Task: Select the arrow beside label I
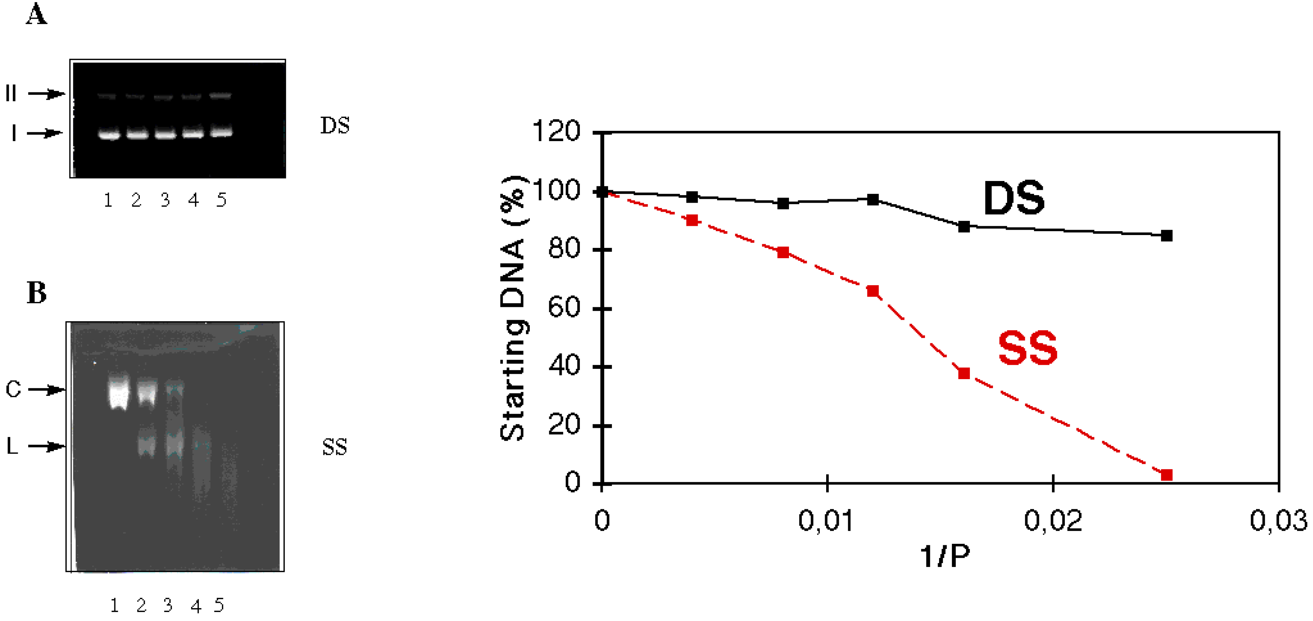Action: point(44,133)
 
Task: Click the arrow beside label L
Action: point(46,446)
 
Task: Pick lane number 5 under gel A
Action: point(221,200)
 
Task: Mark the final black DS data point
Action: point(1166,235)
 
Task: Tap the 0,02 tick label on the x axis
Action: point(1053,521)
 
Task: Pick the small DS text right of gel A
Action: point(335,125)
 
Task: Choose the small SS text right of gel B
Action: point(334,447)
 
